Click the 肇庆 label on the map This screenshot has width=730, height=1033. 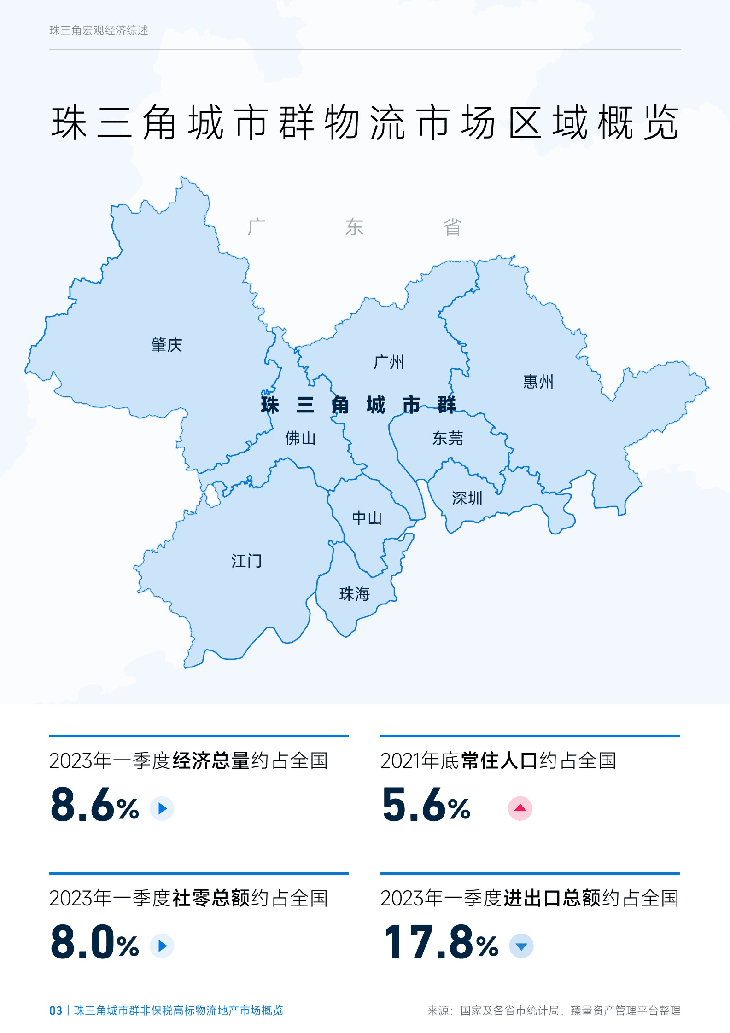click(167, 345)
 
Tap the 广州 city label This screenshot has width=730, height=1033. click(389, 362)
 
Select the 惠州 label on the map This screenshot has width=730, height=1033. click(538, 382)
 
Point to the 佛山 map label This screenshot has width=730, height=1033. click(300, 438)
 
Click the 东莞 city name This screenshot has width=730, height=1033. click(447, 438)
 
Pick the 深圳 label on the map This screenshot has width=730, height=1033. click(467, 498)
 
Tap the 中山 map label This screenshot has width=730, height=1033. click(367, 518)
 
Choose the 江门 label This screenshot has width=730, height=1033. click(246, 561)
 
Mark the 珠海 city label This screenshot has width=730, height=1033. click(354, 594)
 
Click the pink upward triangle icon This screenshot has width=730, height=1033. click(520, 808)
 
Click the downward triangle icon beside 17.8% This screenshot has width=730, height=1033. click(521, 946)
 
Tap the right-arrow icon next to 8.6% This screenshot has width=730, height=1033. click(162, 808)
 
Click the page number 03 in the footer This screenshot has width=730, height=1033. click(56, 1010)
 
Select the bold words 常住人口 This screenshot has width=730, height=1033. click(499, 761)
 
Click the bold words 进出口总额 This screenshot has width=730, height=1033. click(552, 898)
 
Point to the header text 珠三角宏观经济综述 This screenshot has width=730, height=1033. click(99, 30)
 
